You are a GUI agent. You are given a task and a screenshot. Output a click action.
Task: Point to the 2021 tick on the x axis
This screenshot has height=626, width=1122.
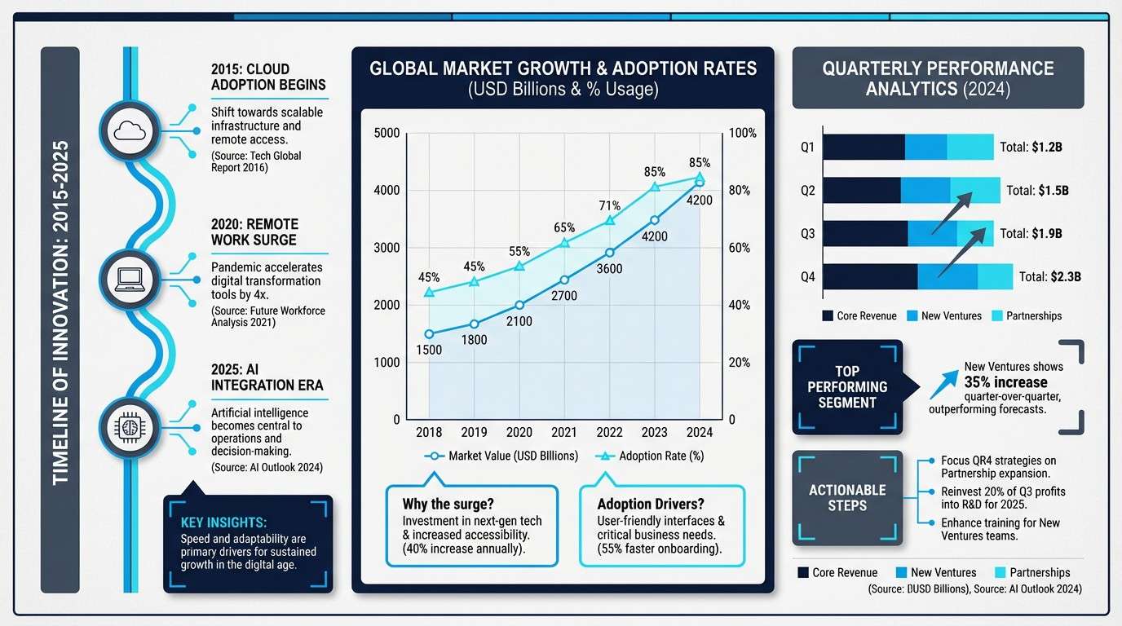(x=564, y=432)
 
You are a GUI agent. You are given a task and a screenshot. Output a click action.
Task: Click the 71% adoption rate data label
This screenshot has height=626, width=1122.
(x=610, y=205)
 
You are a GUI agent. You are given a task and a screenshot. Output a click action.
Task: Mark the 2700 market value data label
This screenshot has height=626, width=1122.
(x=563, y=296)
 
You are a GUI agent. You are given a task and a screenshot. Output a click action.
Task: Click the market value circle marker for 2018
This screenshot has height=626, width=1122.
(x=429, y=333)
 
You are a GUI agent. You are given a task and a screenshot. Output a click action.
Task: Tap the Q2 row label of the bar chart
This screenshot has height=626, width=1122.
(x=807, y=191)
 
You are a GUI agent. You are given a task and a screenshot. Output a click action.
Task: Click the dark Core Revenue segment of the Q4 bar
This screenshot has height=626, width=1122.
(x=870, y=276)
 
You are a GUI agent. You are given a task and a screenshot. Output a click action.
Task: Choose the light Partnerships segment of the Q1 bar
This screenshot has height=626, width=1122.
(x=970, y=148)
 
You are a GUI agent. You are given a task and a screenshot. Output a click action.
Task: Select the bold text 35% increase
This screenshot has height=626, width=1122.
(x=1006, y=381)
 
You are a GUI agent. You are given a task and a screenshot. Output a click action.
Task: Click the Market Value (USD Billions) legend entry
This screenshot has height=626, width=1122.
(x=502, y=456)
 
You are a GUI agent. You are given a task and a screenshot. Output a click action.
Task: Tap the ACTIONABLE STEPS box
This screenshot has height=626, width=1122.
(x=846, y=498)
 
